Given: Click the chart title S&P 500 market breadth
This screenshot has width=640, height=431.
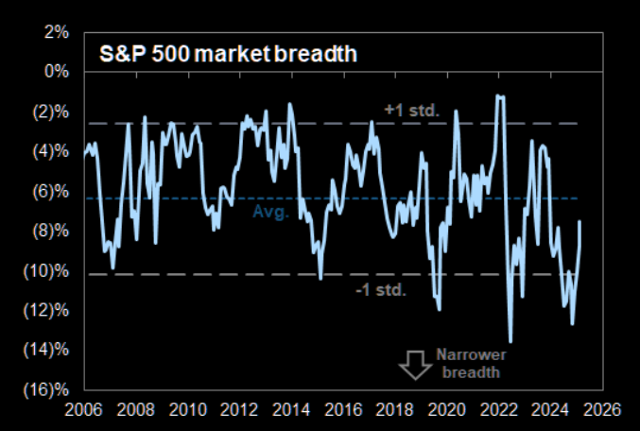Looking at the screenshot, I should point(228,55).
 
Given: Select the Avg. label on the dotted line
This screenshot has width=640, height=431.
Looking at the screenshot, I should point(268,213).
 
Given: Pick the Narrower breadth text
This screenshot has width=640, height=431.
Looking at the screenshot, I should point(472,363).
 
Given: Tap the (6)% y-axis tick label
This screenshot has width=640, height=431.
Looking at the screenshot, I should point(48,191).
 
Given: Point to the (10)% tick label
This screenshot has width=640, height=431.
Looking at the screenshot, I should point(45,271).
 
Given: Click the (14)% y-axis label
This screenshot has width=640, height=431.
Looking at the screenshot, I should point(45,351).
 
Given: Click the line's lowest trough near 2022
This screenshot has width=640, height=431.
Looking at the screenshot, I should point(510,342).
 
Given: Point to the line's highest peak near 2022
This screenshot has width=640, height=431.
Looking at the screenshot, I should point(500,95).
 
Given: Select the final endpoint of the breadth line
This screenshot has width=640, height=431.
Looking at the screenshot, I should point(579,221).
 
